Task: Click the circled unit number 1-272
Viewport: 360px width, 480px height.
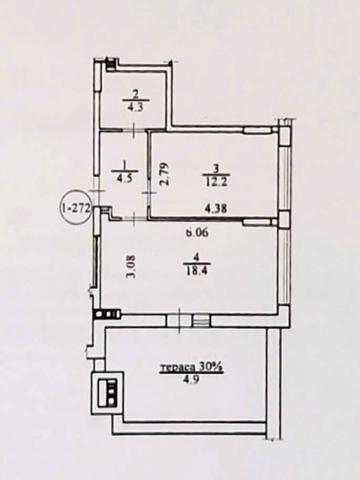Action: (x=76, y=208)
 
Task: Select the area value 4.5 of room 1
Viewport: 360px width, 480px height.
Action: (x=125, y=178)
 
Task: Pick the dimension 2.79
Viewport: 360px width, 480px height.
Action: (x=165, y=174)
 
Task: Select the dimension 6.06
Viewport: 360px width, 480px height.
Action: (x=197, y=232)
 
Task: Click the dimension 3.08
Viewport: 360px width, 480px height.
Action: (x=133, y=266)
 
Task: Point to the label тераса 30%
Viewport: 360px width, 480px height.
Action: (x=191, y=367)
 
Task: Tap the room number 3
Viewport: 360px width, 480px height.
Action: (x=216, y=169)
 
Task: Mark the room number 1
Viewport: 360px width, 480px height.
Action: (x=125, y=164)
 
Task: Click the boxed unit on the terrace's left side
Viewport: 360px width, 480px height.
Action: (x=108, y=392)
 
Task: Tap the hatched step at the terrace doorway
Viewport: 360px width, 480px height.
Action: (x=201, y=321)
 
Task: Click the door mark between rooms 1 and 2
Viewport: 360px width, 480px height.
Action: (x=133, y=131)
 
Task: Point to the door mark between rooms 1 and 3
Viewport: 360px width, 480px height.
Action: (x=149, y=192)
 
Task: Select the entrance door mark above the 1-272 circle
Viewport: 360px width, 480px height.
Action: (x=98, y=191)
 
